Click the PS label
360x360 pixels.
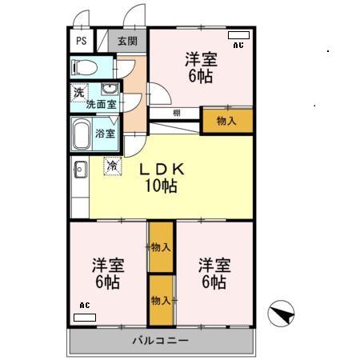81,41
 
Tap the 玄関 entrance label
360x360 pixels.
127,41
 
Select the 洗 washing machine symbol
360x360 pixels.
78,92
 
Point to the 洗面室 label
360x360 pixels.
102,104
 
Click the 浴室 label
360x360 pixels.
106,134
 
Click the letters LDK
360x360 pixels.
164,170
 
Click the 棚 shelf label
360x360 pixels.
175,114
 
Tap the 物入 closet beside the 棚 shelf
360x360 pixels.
226,121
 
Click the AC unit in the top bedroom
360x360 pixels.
238,37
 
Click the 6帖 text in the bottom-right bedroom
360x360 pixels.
214,282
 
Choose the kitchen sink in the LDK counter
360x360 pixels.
79,170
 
